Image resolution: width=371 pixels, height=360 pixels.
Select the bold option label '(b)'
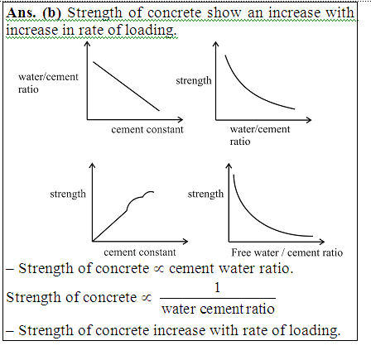tap(51, 13)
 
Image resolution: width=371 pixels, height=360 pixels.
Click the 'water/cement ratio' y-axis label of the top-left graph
tap(48, 83)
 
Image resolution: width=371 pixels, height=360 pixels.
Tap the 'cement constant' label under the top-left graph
tap(147, 129)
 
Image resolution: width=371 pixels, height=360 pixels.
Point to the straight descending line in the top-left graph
tap(126, 86)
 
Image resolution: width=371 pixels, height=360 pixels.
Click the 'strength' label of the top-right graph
tap(194, 80)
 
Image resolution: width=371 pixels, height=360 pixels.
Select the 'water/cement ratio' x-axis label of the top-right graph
tap(260, 135)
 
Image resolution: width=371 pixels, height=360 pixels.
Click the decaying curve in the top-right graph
tap(249, 92)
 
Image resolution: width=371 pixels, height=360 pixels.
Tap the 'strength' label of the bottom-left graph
tap(68, 194)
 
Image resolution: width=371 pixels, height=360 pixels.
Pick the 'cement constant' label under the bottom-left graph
tap(140, 252)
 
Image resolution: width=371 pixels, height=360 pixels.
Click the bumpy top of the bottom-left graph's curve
tap(140, 198)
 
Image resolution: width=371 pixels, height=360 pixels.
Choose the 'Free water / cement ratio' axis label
tap(287, 252)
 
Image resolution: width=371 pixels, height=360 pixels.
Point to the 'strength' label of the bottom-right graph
tap(205, 194)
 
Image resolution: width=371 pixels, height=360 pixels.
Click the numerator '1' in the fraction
tap(217, 288)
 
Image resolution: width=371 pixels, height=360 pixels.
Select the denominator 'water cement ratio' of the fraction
tap(218, 309)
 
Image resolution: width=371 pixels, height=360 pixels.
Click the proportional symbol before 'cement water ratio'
tap(159, 269)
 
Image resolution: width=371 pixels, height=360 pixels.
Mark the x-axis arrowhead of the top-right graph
tap(309, 120)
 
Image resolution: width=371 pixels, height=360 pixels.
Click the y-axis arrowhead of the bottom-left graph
tap(92, 166)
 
